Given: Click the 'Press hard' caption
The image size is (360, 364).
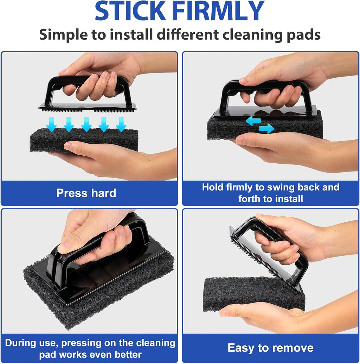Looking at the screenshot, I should [86, 193].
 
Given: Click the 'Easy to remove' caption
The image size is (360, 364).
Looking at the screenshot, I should [270, 348].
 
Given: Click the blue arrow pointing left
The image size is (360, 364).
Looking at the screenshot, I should [253, 121].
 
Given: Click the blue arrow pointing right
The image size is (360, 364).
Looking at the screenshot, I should [267, 129].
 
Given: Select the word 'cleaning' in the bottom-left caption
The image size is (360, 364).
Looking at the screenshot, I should [155, 343].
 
